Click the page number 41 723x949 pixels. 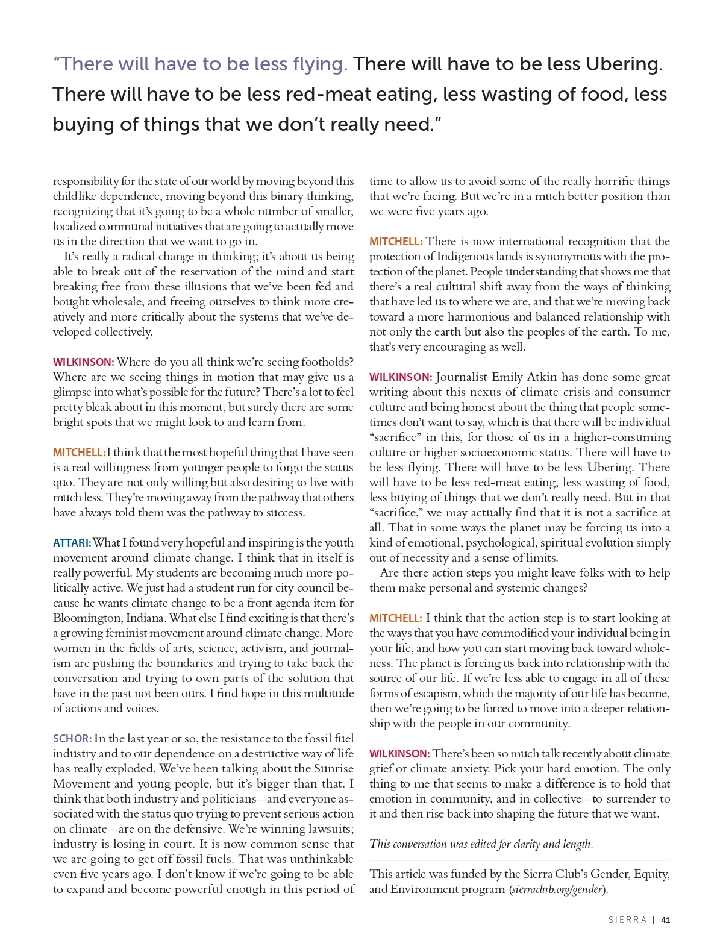(x=665, y=920)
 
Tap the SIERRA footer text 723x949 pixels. (x=627, y=920)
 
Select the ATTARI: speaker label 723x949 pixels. (x=72, y=543)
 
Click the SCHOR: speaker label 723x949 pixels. (x=72, y=739)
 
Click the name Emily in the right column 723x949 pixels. (x=508, y=377)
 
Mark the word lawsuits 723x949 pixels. (x=331, y=829)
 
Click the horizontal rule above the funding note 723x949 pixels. (x=519, y=860)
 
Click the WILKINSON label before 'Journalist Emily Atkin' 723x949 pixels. (x=401, y=377)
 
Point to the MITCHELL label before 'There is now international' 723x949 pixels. (x=396, y=242)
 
